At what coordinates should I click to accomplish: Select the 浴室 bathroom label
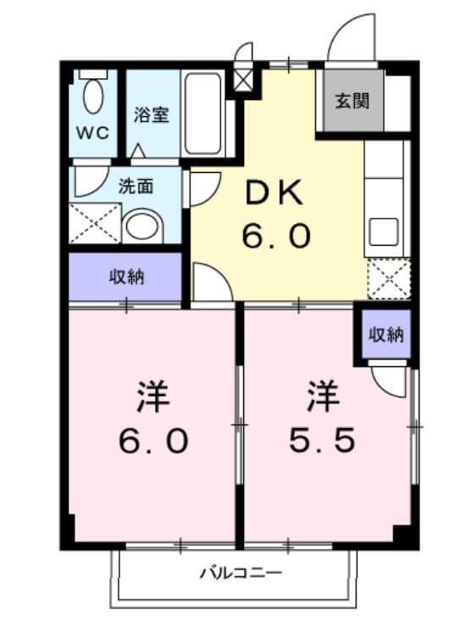152,115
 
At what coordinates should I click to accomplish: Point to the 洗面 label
135,185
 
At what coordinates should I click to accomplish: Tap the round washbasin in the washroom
142,226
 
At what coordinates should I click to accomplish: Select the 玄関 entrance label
351,102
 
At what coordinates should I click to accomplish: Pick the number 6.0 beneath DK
275,236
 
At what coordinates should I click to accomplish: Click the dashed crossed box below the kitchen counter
388,279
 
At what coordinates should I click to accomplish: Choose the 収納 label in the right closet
385,334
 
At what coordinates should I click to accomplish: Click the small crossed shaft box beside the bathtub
243,82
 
